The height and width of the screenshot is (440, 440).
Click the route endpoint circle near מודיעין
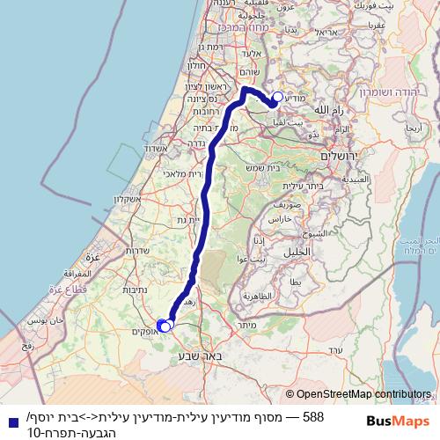(278, 98)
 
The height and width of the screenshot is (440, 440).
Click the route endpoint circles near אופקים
(164, 326)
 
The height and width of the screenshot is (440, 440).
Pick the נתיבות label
(133, 289)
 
